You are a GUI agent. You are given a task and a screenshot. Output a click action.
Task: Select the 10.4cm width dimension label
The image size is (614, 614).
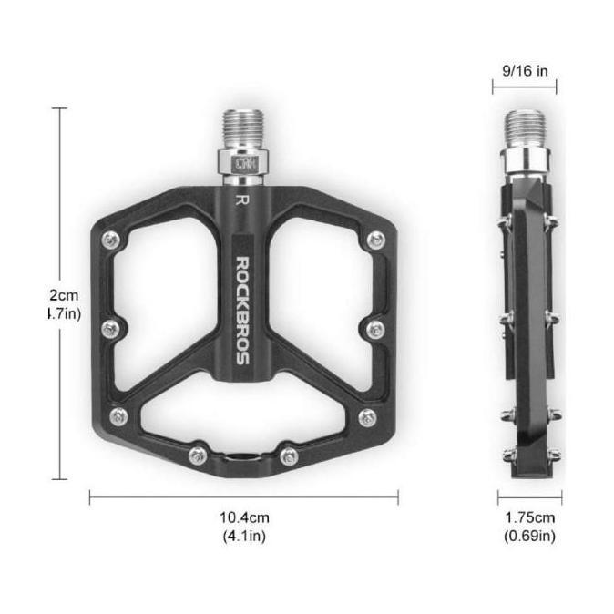(243, 517)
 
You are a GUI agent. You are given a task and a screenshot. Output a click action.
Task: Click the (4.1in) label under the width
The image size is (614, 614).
(243, 536)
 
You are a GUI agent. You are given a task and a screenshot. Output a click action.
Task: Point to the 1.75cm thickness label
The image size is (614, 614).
(529, 517)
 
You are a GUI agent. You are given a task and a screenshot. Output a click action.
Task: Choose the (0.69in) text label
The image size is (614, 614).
(529, 536)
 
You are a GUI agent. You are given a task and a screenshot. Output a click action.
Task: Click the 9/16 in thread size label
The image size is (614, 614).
(524, 69)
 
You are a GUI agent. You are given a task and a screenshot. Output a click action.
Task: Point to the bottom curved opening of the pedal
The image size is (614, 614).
(242, 424)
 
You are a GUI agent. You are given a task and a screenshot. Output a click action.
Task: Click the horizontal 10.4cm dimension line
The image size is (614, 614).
(243, 497)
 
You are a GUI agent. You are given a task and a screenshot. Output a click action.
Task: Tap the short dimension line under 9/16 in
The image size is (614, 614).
(524, 88)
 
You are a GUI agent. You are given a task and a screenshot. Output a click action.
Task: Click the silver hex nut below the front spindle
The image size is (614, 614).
(243, 165)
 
